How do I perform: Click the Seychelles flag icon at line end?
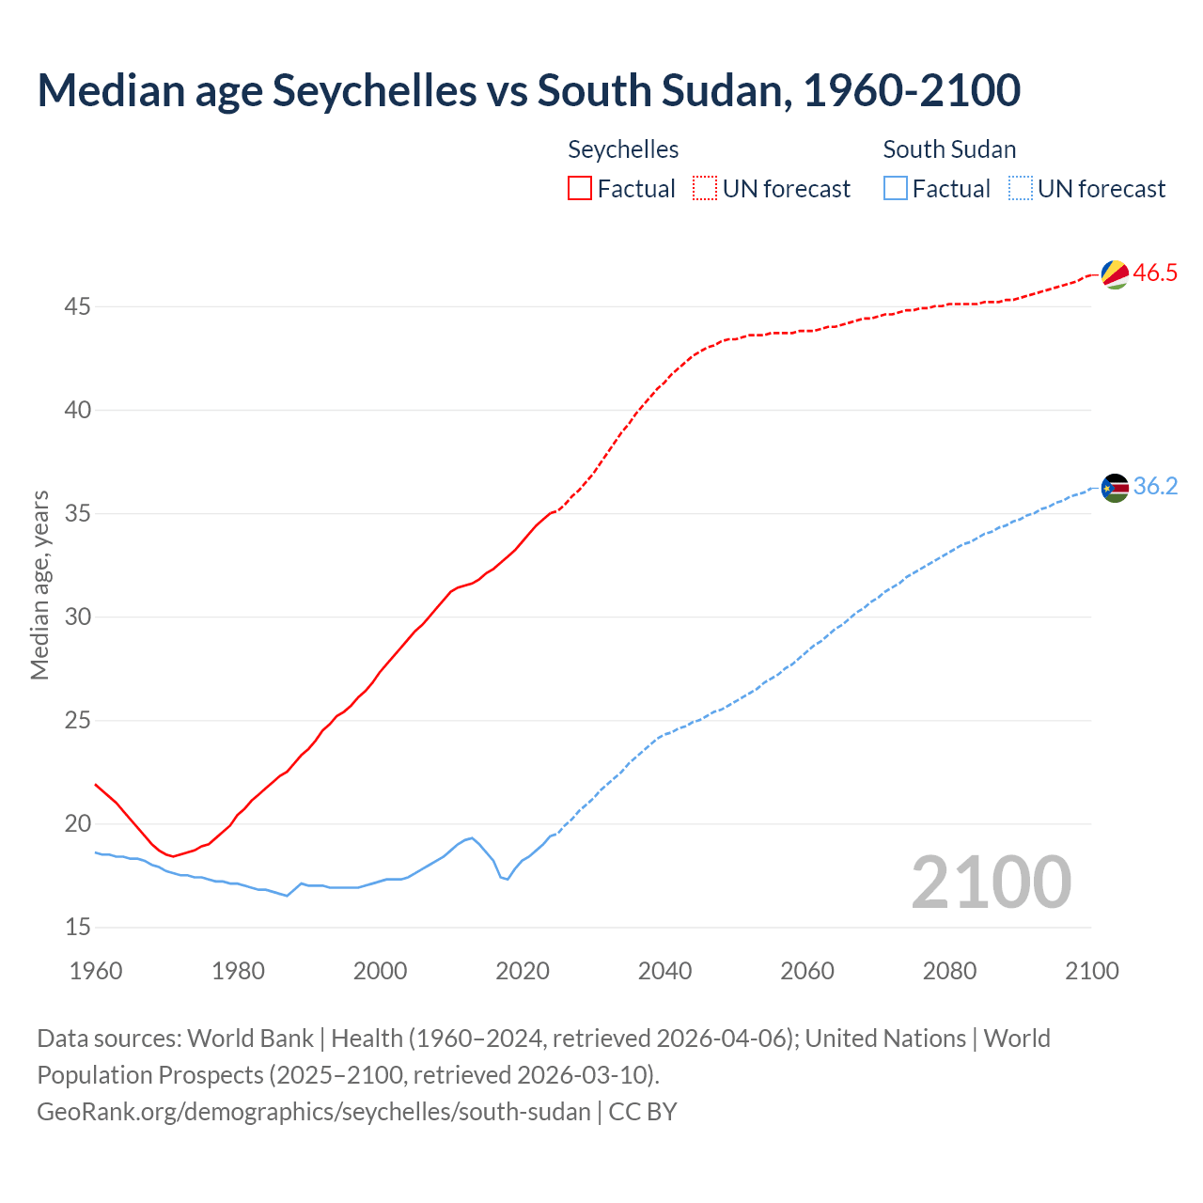click(x=1115, y=274)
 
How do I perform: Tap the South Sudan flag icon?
click(x=1115, y=488)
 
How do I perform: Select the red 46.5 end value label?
click(x=1155, y=273)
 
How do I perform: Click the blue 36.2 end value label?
click(x=1155, y=487)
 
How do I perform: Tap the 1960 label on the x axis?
click(x=96, y=971)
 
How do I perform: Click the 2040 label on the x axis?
click(x=664, y=971)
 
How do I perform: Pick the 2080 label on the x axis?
click(x=949, y=971)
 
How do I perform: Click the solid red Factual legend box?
click(x=580, y=189)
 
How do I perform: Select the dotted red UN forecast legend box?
click(x=705, y=189)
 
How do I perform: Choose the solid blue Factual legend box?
click(x=896, y=189)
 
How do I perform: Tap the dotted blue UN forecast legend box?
click(x=1021, y=189)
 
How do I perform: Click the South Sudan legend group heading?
click(x=949, y=149)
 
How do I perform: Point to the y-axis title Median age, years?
click(x=39, y=585)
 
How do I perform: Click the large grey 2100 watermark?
click(x=991, y=882)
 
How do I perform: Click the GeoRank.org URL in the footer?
click(x=314, y=1112)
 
